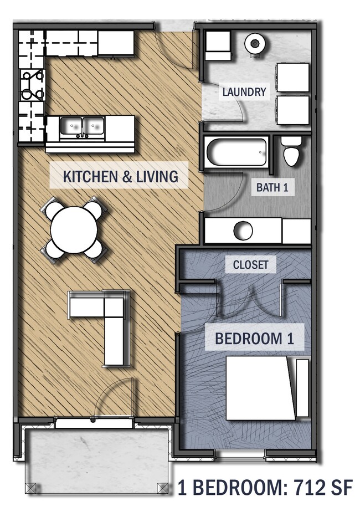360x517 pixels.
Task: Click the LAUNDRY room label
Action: click(244, 91)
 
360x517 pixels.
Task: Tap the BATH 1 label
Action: click(272, 187)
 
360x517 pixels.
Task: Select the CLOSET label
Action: click(250, 264)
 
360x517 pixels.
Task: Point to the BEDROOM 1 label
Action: click(254, 339)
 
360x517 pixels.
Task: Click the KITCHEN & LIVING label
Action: click(120, 176)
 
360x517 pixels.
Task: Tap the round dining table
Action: click(74, 230)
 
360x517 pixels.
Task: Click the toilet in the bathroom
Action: click(291, 151)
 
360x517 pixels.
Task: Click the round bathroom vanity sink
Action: click(243, 231)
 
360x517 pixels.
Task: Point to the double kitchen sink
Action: click(83, 127)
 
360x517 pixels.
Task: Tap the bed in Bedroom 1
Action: click(260, 388)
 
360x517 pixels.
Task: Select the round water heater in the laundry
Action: click(255, 43)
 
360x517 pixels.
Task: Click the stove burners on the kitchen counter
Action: click(32, 85)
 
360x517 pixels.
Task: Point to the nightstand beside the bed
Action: click(302, 388)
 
